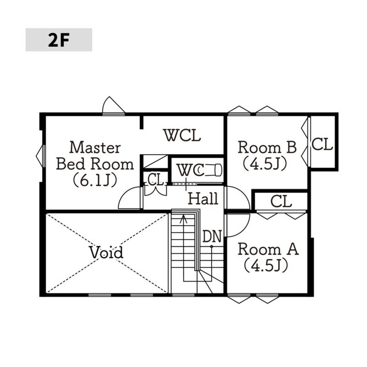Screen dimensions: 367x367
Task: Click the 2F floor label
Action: coord(59,40)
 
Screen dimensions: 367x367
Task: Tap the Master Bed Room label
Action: coord(95,156)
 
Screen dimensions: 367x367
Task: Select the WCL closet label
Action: coord(182,135)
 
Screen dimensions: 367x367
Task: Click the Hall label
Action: coord(203,199)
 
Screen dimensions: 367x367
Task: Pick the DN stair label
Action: coord(212,236)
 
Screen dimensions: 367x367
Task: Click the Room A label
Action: coord(268,249)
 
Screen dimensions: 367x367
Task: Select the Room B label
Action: coord(267,147)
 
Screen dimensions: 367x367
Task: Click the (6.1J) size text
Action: coord(95,180)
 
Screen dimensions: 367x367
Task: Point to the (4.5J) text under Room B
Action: coord(265,164)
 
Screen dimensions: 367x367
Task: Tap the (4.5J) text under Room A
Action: coord(266,266)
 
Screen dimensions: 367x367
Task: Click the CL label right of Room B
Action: coord(322,144)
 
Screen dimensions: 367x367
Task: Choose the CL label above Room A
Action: coord(281,201)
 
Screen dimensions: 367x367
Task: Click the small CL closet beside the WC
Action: coord(156,180)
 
